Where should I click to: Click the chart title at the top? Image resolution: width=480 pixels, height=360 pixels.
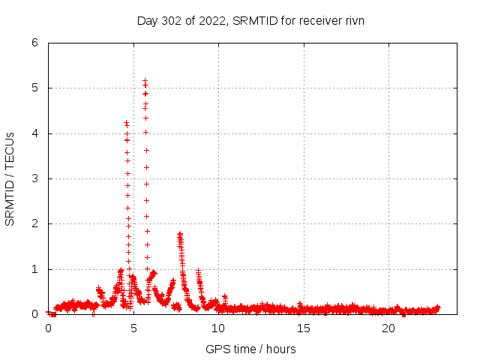tap(250, 20)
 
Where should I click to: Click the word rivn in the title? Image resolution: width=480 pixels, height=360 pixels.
tap(353, 20)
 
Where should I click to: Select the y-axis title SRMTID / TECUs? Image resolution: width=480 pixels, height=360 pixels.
tap(10, 178)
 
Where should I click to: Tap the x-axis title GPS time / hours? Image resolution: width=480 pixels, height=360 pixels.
tap(250, 349)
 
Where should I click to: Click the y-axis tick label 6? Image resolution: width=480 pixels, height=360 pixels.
tap(34, 43)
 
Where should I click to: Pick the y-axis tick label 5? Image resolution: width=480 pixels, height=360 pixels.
tap(34, 88)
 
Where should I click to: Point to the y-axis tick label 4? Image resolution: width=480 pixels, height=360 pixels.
tap(34, 133)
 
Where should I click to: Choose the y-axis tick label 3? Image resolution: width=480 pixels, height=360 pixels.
tap(34, 178)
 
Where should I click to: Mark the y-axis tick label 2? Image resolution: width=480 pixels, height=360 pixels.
tap(34, 223)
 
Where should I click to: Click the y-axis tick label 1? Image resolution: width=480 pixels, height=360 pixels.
tap(34, 269)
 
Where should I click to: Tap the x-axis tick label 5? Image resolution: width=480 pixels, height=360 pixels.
tap(133, 328)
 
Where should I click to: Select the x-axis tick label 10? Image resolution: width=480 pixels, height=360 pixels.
tap(218, 328)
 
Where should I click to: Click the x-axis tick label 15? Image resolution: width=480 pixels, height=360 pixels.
tap(304, 328)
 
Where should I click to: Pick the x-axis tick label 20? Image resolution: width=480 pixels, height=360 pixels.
tap(388, 328)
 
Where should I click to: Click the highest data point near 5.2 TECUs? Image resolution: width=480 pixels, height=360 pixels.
tap(145, 80)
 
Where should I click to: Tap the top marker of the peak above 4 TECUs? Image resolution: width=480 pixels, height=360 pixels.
tap(126, 122)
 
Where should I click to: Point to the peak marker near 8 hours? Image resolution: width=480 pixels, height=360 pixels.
tap(180, 234)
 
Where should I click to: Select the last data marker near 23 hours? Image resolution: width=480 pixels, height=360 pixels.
tap(438, 307)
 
